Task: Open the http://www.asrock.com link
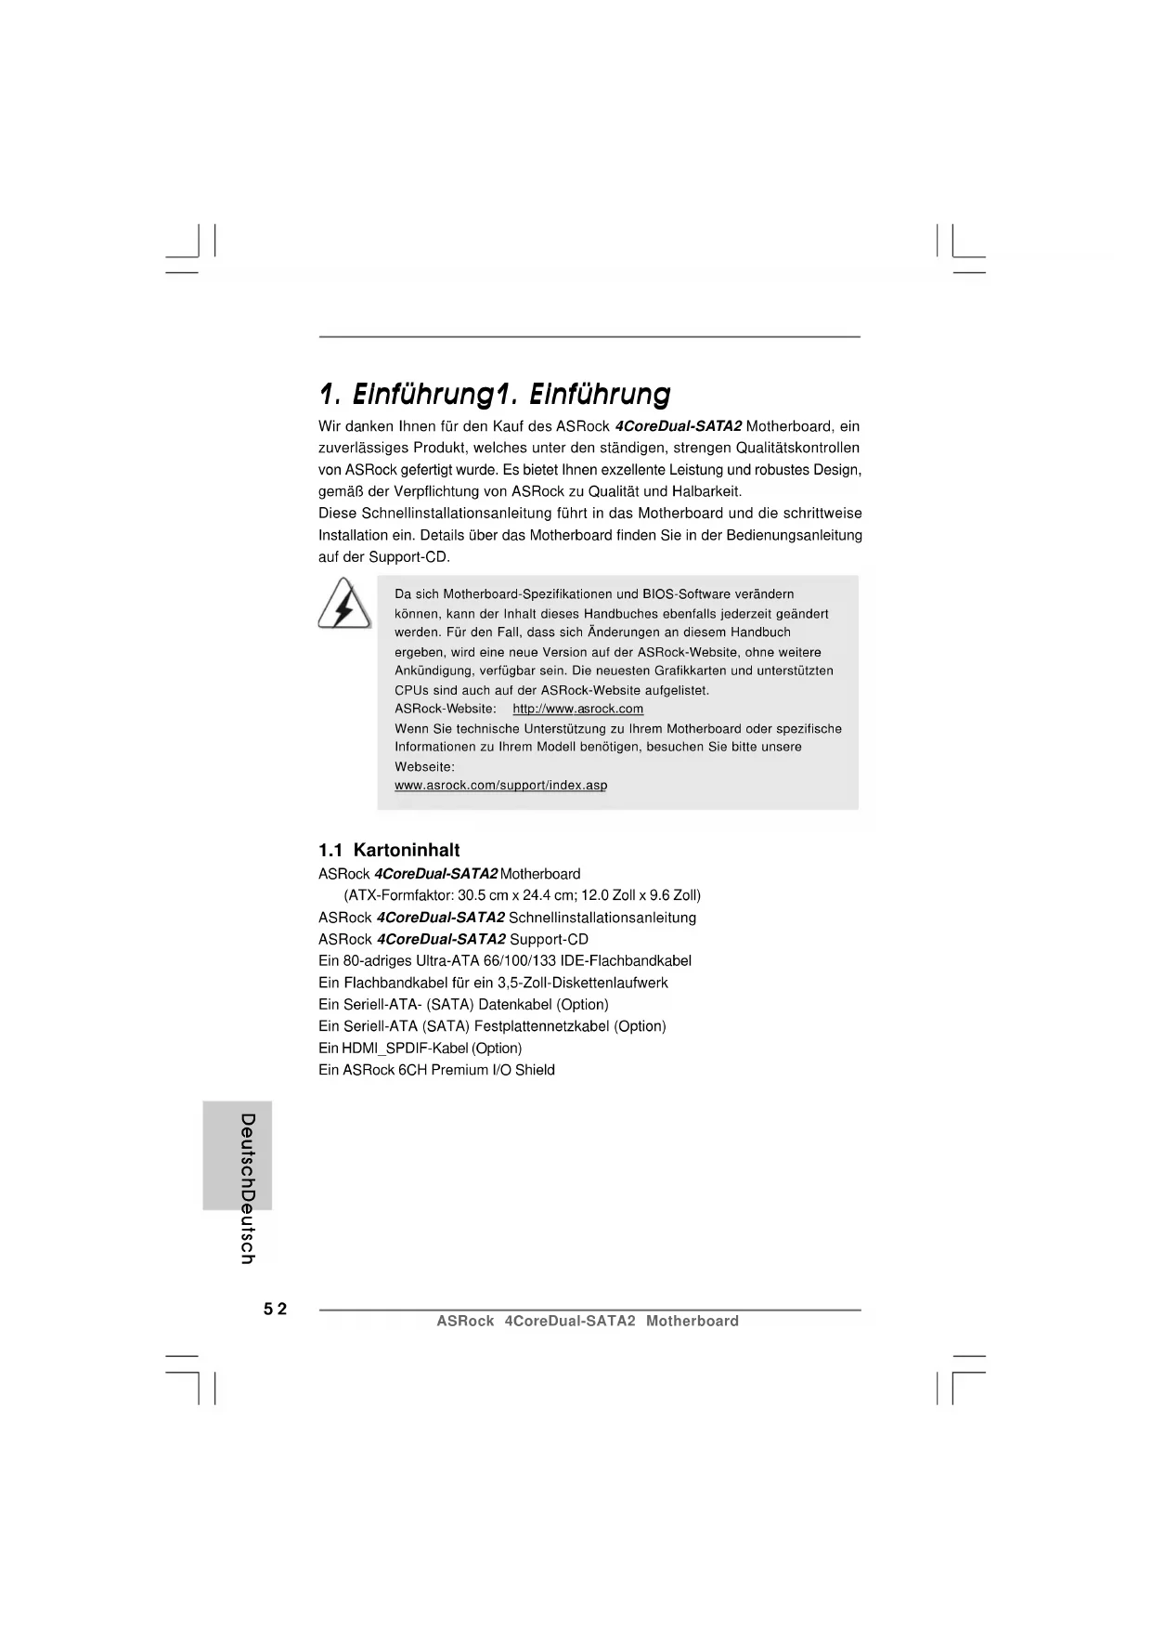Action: (577, 710)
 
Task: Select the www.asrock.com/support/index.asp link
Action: (500, 786)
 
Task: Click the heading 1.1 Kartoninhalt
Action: (389, 850)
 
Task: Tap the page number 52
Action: (275, 1310)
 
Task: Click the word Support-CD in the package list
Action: (549, 940)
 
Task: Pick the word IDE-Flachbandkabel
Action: (626, 961)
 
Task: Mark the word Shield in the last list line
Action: (535, 1070)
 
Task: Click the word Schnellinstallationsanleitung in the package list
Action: (602, 918)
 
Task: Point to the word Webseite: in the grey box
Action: (424, 767)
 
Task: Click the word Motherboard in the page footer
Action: (692, 1322)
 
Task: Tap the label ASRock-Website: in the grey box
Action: (446, 710)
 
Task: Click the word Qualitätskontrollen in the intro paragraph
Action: (797, 448)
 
